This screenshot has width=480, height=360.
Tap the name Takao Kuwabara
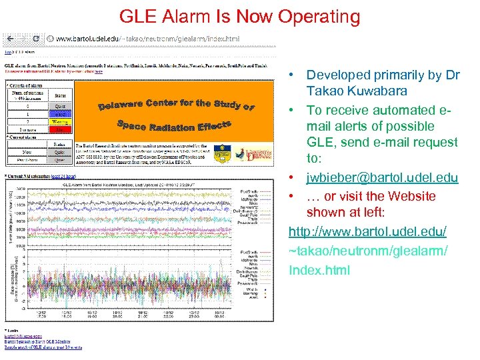pos(357,91)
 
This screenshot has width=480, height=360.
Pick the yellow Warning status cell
pos(60,122)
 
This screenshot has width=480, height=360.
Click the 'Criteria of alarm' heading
pos(27,85)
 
